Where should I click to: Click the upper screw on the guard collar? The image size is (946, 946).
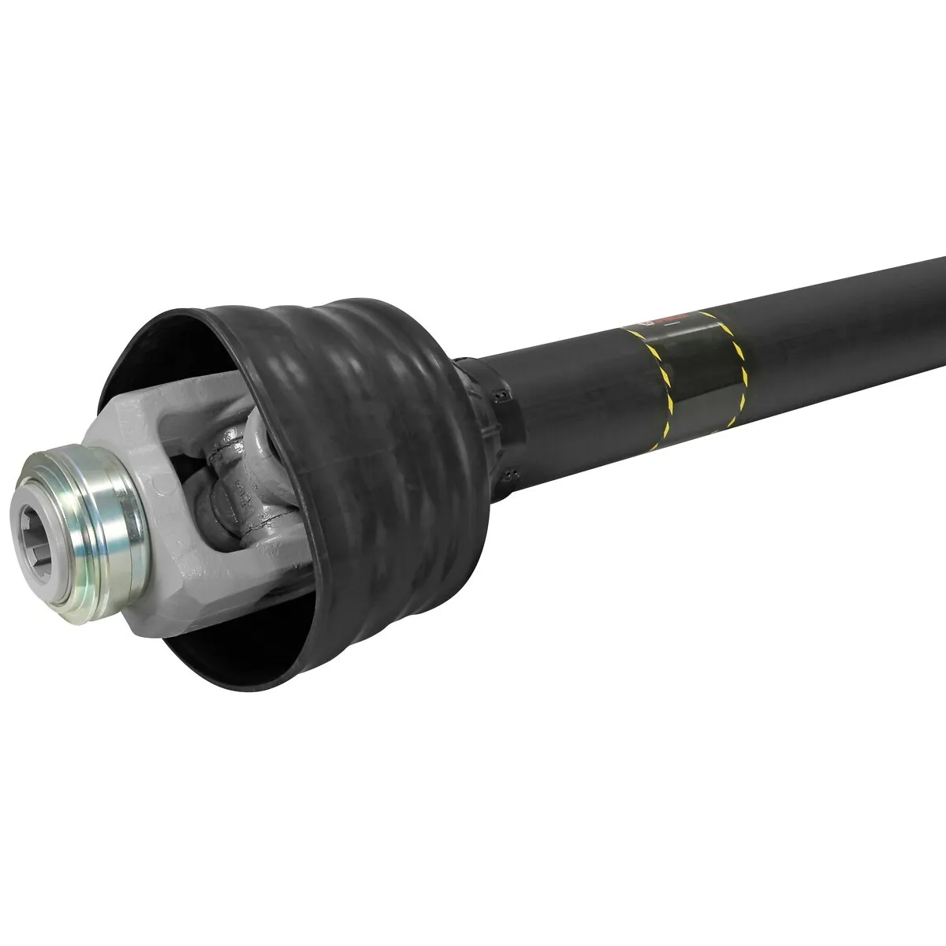(x=498, y=392)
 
